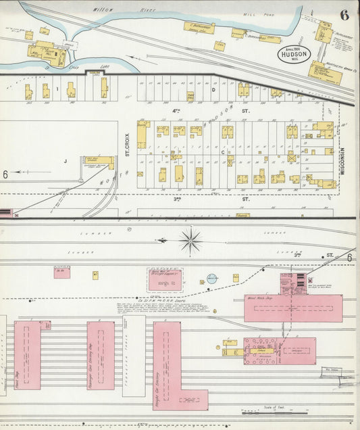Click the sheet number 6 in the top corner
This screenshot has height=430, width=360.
tap(344, 14)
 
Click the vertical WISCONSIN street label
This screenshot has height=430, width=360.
tap(342, 162)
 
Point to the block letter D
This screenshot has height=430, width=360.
tap(213, 89)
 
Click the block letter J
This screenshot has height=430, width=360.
tap(66, 161)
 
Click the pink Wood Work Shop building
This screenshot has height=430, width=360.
tap(293, 308)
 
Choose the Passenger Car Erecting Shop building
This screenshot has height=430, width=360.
tap(100, 355)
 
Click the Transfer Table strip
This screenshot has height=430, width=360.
tap(134, 356)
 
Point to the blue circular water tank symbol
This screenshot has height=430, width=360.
tap(211, 278)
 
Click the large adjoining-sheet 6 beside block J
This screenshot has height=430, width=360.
tap(5, 174)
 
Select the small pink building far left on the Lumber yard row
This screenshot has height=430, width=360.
tap(61, 272)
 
